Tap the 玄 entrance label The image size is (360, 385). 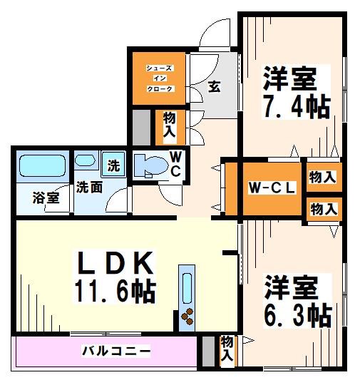pyautogui.click(x=214, y=87)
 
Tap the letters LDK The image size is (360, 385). pyautogui.click(x=115, y=265)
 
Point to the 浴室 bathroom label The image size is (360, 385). pyautogui.click(x=46, y=198)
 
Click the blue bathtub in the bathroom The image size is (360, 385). pyautogui.click(x=43, y=167)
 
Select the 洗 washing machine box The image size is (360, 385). pyautogui.click(x=113, y=165)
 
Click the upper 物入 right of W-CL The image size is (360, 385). pyautogui.click(x=323, y=177)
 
